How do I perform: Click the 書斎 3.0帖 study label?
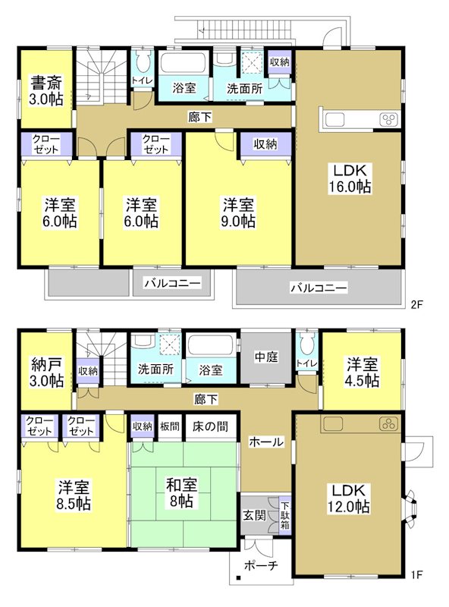pyautogui.click(x=47, y=90)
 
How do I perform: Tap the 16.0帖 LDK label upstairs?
pyautogui.click(x=349, y=178)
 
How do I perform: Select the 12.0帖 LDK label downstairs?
pyautogui.click(x=349, y=499)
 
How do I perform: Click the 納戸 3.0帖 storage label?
pyautogui.click(x=47, y=372)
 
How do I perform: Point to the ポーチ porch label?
pyautogui.click(x=260, y=565)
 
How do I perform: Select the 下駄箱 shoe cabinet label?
pyautogui.click(x=284, y=515)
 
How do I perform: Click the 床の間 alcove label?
pyautogui.click(x=210, y=426)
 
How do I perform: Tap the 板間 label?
pyautogui.click(x=170, y=426)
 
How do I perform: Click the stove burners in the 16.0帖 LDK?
pyautogui.click(x=388, y=121)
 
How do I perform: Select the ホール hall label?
pyautogui.click(x=266, y=442)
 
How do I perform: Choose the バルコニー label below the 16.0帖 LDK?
pyautogui.click(x=319, y=288)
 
